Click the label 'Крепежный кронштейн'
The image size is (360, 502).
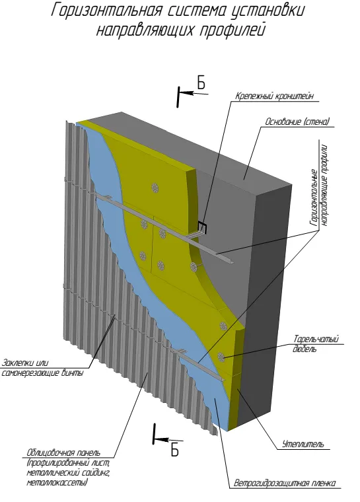pos(274,96)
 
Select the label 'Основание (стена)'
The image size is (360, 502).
pos(297,122)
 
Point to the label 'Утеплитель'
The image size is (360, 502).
pos(303,444)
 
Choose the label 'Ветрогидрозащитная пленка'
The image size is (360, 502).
pos(285,483)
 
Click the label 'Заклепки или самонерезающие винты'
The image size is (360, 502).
pos(42,368)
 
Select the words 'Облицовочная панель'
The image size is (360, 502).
pos(63,452)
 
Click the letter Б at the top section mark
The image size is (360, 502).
pos(201,84)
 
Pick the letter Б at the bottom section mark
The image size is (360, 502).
pos(174,450)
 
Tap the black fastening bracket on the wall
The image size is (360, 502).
pos(202,227)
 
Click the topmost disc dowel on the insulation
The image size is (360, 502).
pos(155,188)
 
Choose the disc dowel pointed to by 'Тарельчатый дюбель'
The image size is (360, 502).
pos(221,357)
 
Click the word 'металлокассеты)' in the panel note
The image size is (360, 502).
pos(57,482)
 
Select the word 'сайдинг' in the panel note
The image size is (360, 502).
pos(95,473)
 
